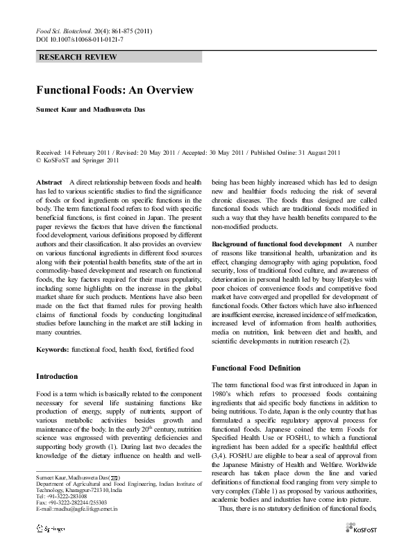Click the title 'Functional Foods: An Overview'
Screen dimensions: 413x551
point(115,90)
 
